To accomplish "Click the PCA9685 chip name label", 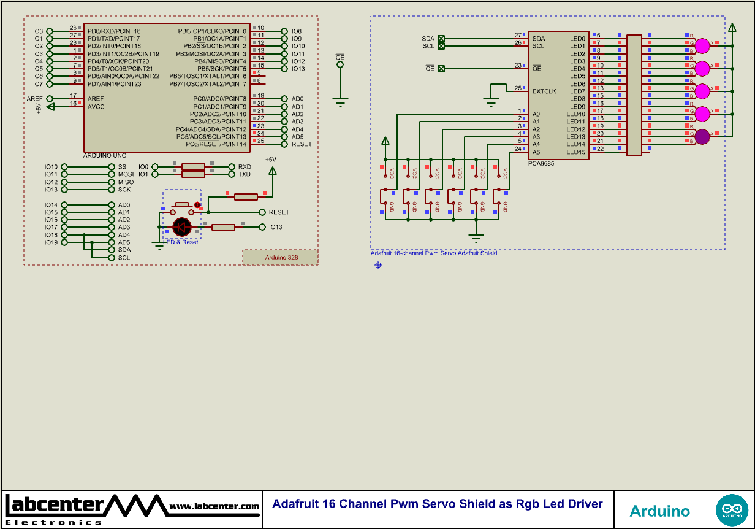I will (x=541, y=164).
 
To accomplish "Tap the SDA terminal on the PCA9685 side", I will (x=441, y=39).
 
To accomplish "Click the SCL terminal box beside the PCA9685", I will (x=441, y=46).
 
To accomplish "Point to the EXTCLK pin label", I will (x=544, y=91).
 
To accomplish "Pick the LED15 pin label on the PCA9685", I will (x=575, y=152).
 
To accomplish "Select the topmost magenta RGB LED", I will (x=702, y=45).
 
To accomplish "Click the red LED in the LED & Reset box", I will (x=182, y=228).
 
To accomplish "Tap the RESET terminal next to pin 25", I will (x=284, y=144).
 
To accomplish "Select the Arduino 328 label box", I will (x=281, y=258).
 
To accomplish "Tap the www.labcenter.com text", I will (x=214, y=506).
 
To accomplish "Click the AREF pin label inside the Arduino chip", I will (x=96, y=99).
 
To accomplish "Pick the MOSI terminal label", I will (x=125, y=175).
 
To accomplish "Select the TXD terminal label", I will (x=245, y=174).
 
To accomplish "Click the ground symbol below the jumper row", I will (x=476, y=235).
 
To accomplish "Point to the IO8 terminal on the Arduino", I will (x=284, y=31).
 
